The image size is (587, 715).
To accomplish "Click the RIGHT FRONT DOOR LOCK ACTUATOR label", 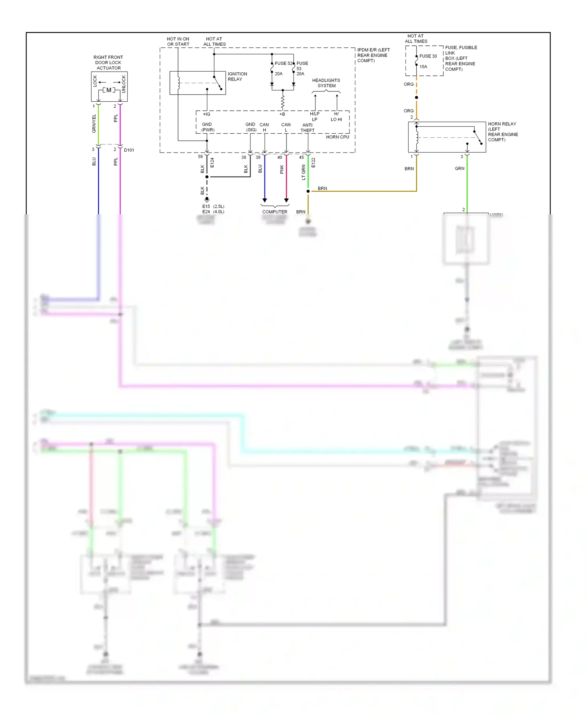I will click(x=108, y=63).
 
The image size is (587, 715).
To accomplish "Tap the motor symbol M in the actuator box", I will click(x=109, y=90).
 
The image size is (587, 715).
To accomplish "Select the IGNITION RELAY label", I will click(x=237, y=76).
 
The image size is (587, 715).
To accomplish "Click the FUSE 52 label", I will click(x=283, y=63).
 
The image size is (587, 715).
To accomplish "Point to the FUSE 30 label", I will click(x=428, y=56).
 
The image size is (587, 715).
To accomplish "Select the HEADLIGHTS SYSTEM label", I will click(x=326, y=83).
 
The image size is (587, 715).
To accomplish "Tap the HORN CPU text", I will click(x=337, y=137).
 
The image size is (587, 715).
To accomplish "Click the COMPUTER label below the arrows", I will click(x=274, y=212).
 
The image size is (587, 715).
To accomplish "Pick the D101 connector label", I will click(x=129, y=150).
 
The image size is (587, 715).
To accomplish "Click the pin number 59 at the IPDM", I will click(x=200, y=157).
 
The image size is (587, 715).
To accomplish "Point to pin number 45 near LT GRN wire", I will click(x=301, y=158).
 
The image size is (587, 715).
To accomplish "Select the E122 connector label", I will click(x=313, y=163).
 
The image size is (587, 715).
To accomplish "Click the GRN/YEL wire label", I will click(x=94, y=124).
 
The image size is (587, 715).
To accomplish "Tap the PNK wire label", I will click(x=282, y=169).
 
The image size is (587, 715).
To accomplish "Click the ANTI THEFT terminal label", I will click(x=307, y=128).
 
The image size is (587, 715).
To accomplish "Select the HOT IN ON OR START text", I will click(x=178, y=41).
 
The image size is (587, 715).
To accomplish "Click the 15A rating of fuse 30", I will click(x=423, y=67).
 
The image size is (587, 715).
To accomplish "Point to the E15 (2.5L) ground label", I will click(x=213, y=207).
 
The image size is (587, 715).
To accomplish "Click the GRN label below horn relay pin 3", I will click(x=459, y=169).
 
